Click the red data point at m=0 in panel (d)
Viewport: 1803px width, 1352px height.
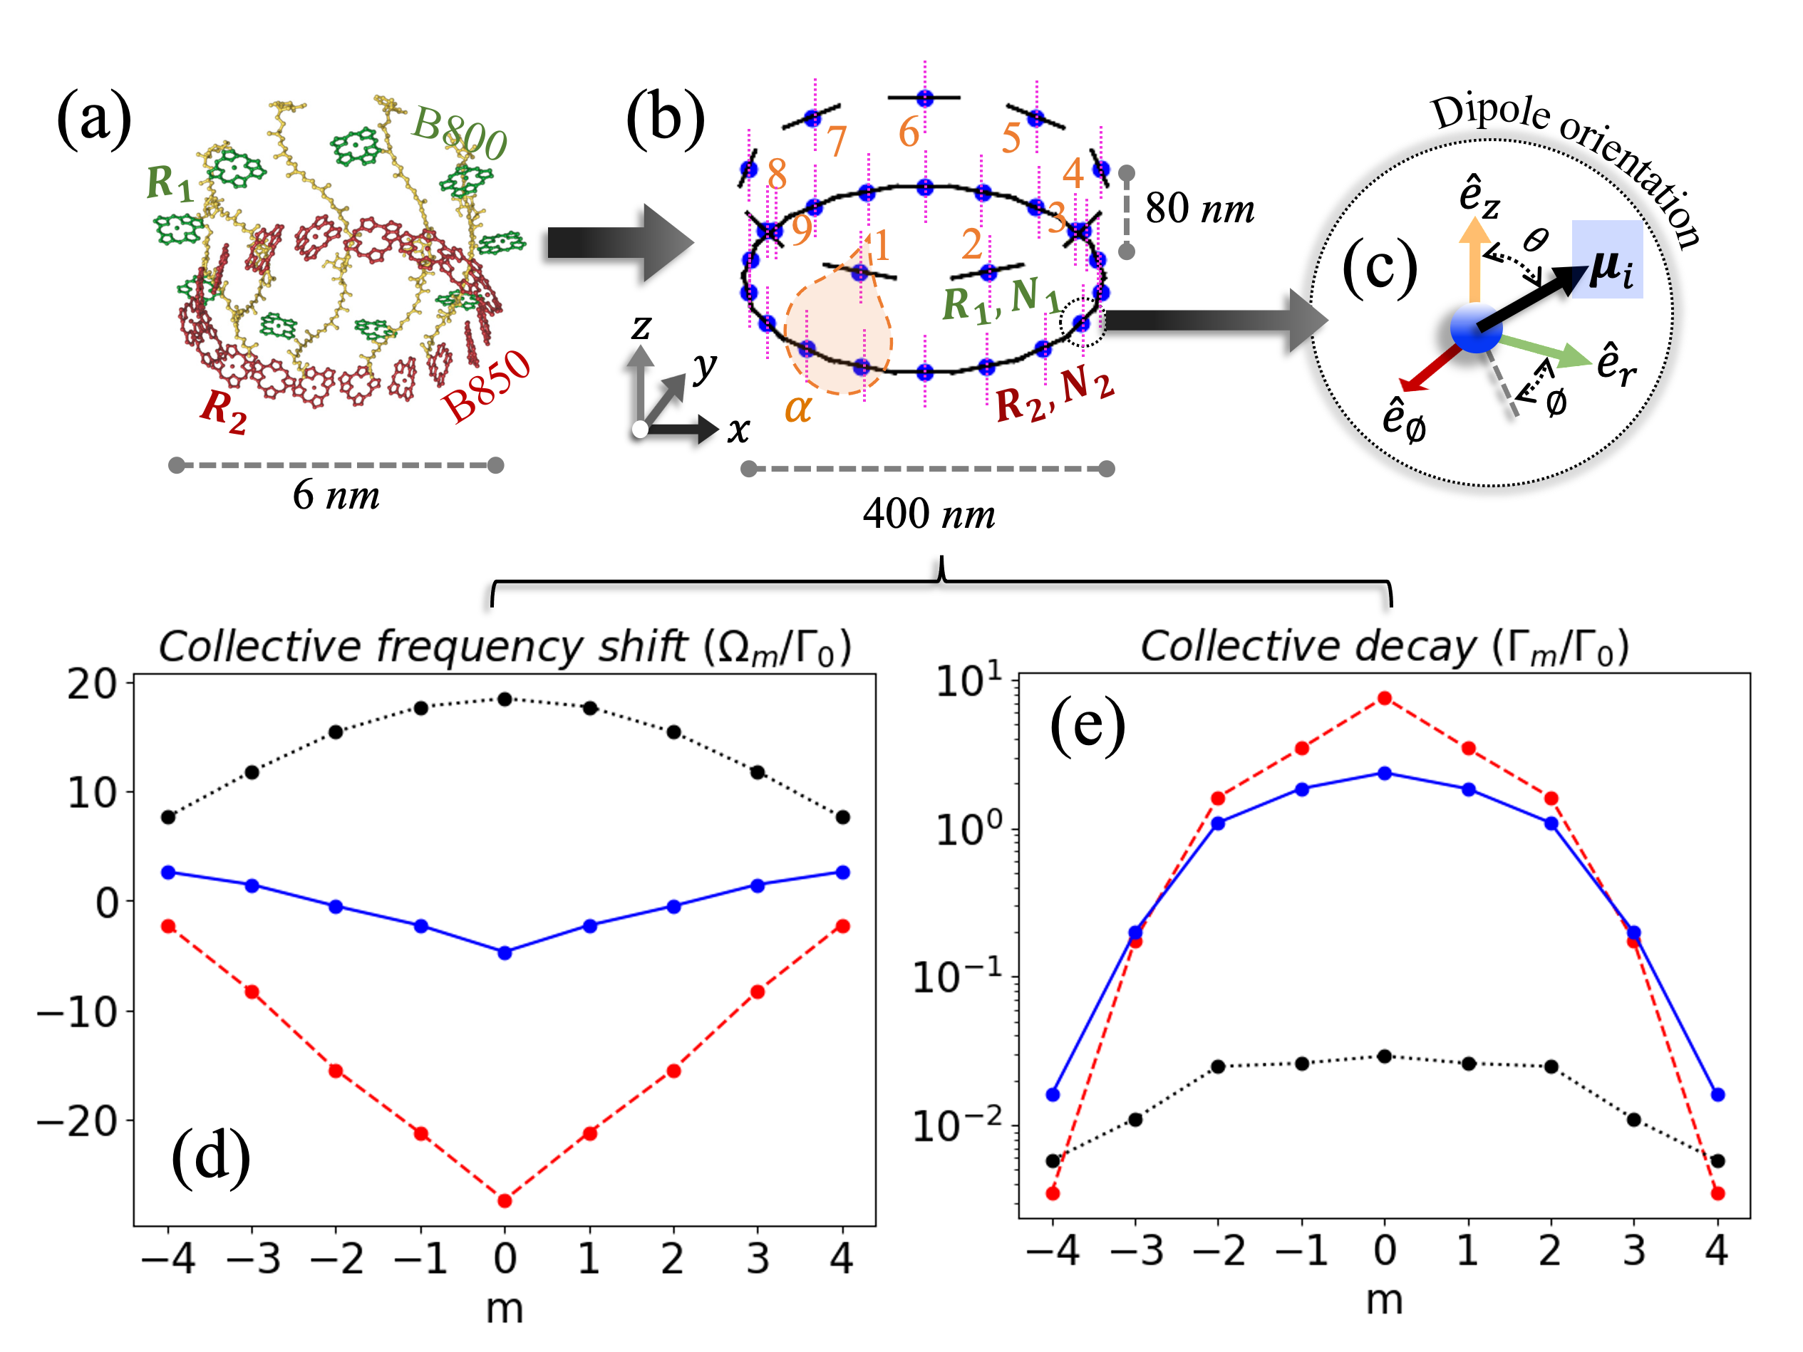[x=505, y=1200]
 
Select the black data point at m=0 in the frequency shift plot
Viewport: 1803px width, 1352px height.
[x=505, y=700]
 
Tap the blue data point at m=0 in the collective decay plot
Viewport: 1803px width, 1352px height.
[x=1384, y=773]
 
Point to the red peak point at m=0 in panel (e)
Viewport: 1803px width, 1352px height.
[x=1384, y=698]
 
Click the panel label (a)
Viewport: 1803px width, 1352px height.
[x=94, y=118]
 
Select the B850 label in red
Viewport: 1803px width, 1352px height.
[x=486, y=385]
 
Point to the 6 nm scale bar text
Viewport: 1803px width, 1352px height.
[x=336, y=494]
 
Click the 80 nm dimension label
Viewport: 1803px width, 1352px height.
[x=1199, y=209]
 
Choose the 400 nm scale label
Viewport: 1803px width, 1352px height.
[x=929, y=514]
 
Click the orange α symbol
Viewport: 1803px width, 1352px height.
[x=798, y=407]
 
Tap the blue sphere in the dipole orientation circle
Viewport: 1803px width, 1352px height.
[x=1476, y=328]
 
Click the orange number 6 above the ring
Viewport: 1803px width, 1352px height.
[x=908, y=132]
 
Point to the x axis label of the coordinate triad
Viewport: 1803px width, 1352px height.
[x=738, y=430]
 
